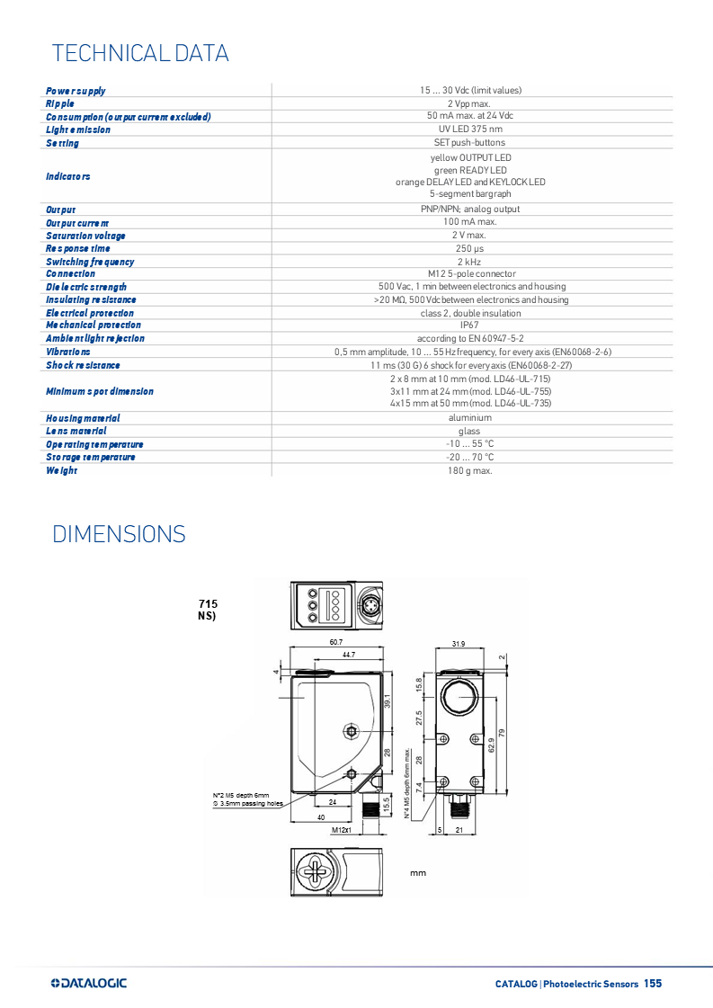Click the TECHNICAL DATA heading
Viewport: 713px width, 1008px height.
[140, 53]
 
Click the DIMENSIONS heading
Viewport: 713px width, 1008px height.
[119, 534]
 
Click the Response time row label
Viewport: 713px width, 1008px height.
[78, 248]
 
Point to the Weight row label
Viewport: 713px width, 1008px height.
[62, 470]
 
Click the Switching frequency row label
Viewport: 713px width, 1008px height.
[90, 262]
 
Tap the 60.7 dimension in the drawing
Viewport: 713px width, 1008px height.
[335, 642]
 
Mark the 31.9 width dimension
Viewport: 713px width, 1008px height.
[459, 644]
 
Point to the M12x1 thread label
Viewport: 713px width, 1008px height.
[341, 830]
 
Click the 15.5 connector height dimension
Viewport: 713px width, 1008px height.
[388, 803]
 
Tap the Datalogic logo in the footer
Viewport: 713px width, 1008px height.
[90, 983]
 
